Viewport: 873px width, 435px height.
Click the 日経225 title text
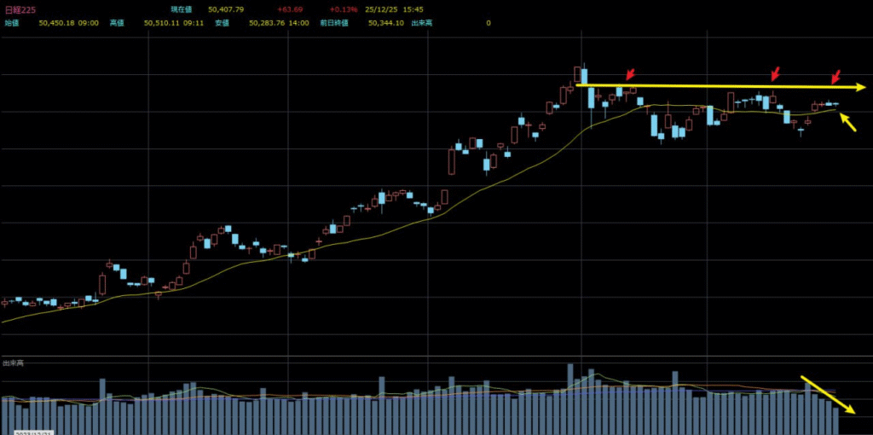coord(19,9)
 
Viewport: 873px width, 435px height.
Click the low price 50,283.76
coord(266,23)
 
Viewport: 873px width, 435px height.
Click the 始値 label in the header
coord(12,23)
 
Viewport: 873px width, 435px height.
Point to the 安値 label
coord(222,23)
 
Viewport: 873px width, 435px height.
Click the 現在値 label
coord(181,9)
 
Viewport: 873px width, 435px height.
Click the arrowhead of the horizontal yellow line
coord(861,87)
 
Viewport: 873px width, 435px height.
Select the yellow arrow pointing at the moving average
coord(848,124)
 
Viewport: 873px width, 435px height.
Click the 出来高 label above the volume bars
coord(12,363)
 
